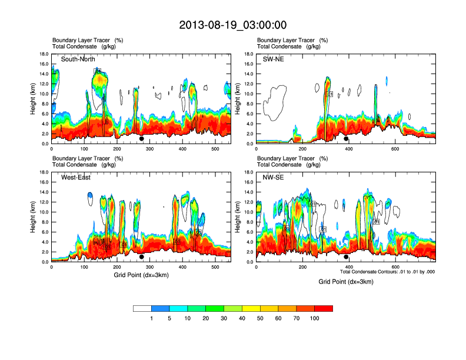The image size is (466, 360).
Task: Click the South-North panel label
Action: tap(79, 59)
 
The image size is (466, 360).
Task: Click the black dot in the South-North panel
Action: tap(141, 139)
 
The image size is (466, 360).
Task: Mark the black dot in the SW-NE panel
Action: tap(346, 139)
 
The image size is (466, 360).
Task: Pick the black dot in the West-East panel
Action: tap(141, 257)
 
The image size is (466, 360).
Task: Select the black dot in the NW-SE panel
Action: tap(346, 257)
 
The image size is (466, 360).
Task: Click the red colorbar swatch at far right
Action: tap(324, 308)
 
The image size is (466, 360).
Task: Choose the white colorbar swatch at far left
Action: tap(142, 308)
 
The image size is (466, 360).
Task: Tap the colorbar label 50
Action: tap(260, 318)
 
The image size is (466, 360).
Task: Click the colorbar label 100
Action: tap(314, 318)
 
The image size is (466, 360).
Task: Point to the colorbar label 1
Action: tap(152, 318)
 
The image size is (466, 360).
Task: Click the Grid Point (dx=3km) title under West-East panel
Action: tap(141, 275)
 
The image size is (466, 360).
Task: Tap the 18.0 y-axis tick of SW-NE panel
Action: tap(248, 54)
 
